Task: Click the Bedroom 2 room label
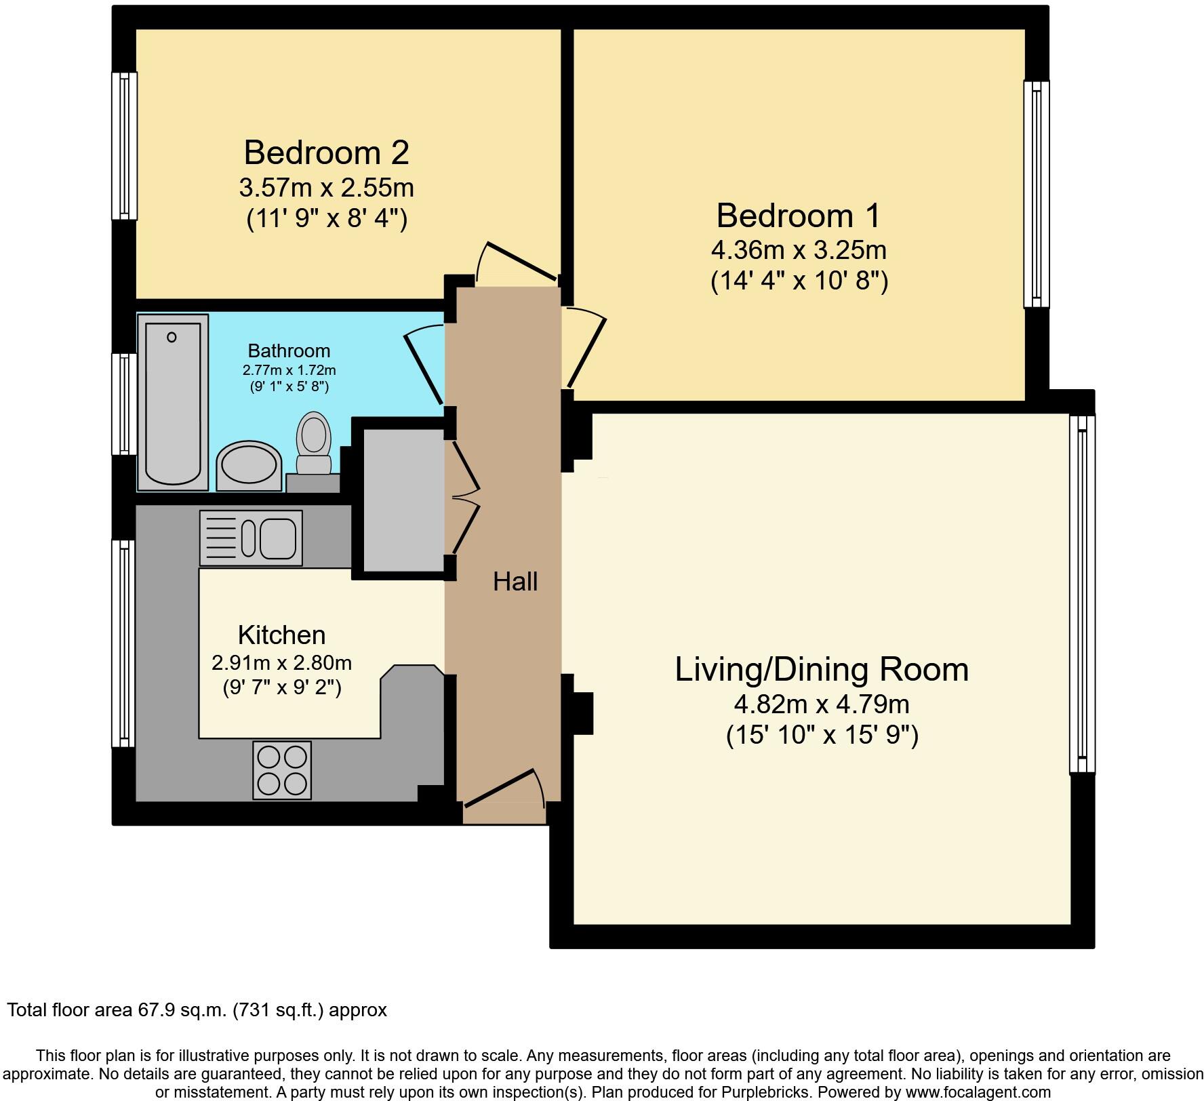pyautogui.click(x=326, y=153)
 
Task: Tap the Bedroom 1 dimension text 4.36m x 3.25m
pyautogui.click(x=799, y=251)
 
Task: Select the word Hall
pyautogui.click(x=515, y=582)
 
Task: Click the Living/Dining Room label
pyautogui.click(x=822, y=670)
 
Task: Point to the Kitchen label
pyautogui.click(x=281, y=635)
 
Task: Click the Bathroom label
pyautogui.click(x=289, y=351)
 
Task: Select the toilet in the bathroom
pyautogui.click(x=314, y=444)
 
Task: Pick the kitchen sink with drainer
pyautogui.click(x=251, y=538)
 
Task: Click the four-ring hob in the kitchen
pyautogui.click(x=282, y=770)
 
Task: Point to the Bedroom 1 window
pyautogui.click(x=1036, y=195)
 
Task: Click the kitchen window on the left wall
pyautogui.click(x=123, y=643)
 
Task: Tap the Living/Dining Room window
pyautogui.click(x=1082, y=593)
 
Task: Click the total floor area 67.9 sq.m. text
pyautogui.click(x=197, y=1010)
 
